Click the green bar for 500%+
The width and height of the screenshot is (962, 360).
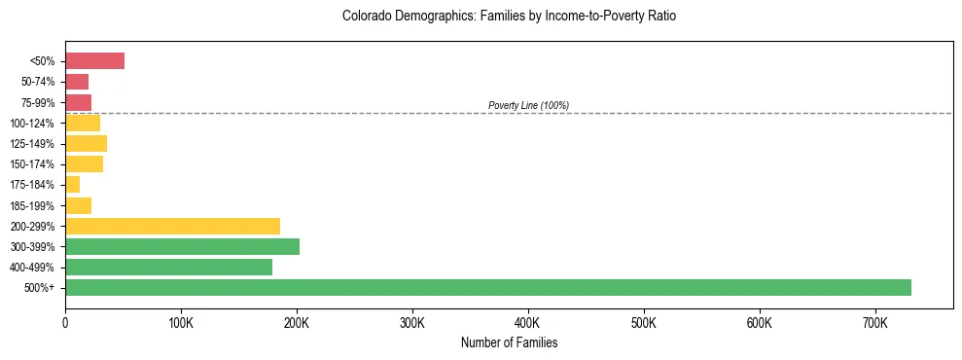(487, 287)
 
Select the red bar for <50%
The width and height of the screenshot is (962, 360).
(94, 61)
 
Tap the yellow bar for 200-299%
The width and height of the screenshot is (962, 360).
(172, 226)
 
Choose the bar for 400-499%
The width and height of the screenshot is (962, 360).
(168, 267)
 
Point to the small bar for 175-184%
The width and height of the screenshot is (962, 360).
(72, 185)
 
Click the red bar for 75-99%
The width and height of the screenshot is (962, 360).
(78, 102)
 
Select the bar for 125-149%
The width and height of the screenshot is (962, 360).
(86, 144)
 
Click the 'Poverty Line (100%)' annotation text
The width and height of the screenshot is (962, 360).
(528, 105)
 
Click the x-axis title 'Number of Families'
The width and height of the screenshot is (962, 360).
(509, 342)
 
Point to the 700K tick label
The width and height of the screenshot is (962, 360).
(874, 322)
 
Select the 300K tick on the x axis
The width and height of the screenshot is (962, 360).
(412, 322)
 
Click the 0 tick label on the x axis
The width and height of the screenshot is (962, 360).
(65, 322)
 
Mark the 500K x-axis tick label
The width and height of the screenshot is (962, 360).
(643, 322)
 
